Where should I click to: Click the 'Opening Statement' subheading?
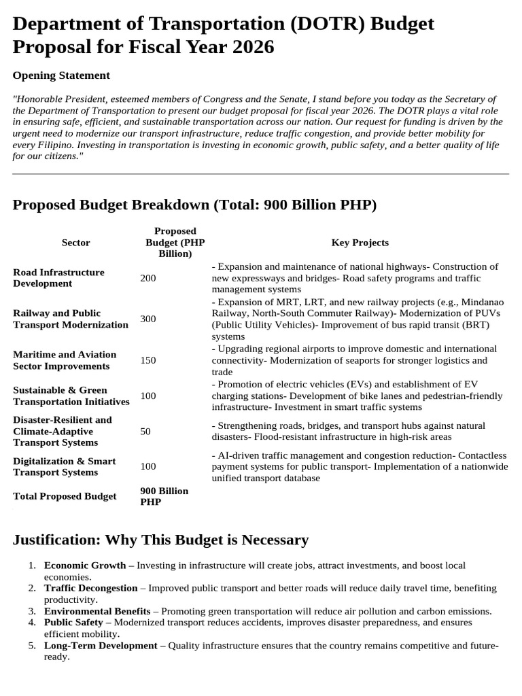click(x=61, y=75)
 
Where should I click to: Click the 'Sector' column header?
click(x=75, y=243)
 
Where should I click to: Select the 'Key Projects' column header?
click(x=360, y=243)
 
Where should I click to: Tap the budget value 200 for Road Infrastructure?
click(x=147, y=278)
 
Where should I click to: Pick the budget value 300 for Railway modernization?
click(x=147, y=319)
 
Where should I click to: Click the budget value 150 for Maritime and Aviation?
click(x=147, y=360)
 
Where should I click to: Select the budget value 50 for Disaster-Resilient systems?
click(x=145, y=432)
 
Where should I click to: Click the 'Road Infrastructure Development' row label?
click(x=59, y=278)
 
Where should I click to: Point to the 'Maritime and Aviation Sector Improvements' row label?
click(x=65, y=360)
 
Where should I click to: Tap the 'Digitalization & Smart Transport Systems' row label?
click(x=65, y=466)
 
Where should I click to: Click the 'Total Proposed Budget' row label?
click(x=65, y=496)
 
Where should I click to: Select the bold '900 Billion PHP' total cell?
click(x=164, y=496)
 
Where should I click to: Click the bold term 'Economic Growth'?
click(x=85, y=565)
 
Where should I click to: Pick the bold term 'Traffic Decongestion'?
click(x=90, y=588)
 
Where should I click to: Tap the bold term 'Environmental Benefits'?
click(x=97, y=611)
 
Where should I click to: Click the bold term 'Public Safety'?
click(x=73, y=623)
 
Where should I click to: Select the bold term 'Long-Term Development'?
click(x=101, y=646)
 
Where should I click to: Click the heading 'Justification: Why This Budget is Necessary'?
click(x=160, y=540)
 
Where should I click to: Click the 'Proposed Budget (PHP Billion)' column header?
click(x=175, y=243)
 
